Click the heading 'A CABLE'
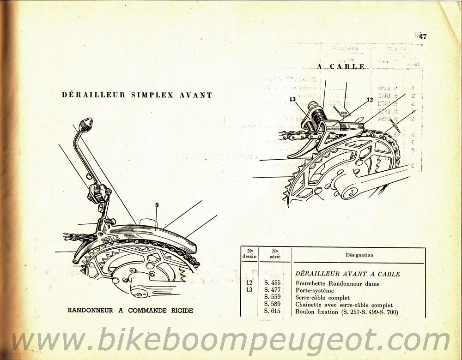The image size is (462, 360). [x=341, y=66]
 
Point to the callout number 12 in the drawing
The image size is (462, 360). [x=370, y=100]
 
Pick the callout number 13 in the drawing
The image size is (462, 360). [x=292, y=99]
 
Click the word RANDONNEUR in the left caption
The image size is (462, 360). [x=90, y=311]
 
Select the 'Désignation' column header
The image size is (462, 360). [x=359, y=255]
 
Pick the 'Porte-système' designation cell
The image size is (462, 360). [x=312, y=291]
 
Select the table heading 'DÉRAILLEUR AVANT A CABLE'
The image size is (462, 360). [x=347, y=274]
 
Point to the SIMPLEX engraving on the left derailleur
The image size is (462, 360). [x=107, y=238]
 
